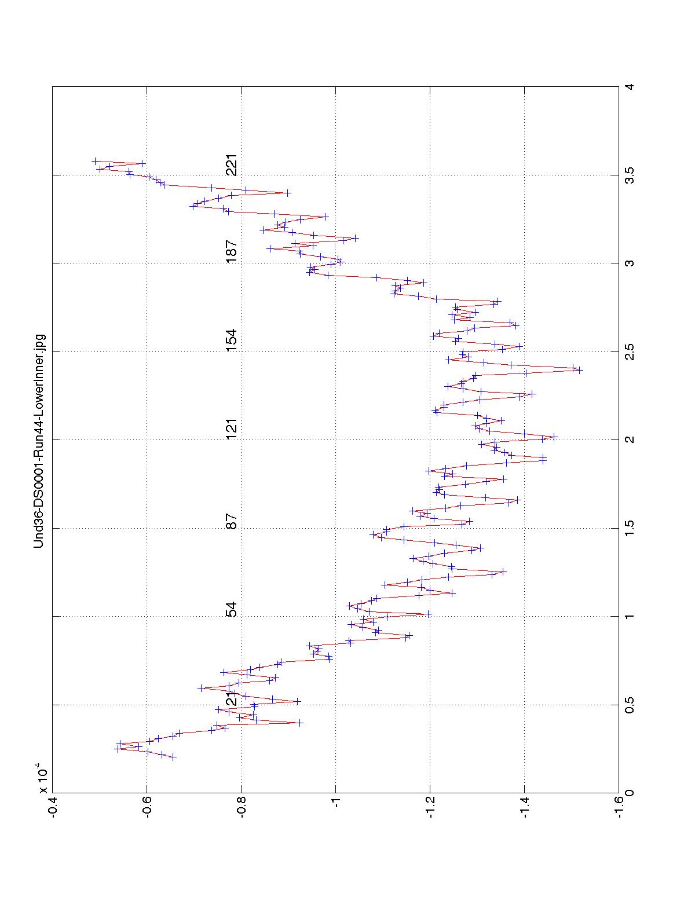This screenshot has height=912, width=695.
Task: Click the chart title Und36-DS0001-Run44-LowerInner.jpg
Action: click(x=39, y=440)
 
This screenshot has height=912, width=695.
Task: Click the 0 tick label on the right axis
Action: click(x=629, y=792)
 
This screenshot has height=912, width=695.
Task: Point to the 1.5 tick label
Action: click(x=629, y=528)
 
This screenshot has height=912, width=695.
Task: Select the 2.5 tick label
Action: click(x=629, y=351)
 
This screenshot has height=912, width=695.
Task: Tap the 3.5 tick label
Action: click(x=629, y=175)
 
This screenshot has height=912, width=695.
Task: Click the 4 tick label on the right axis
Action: click(x=629, y=87)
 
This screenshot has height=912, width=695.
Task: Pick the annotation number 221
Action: click(x=232, y=165)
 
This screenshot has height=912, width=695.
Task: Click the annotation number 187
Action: click(x=232, y=252)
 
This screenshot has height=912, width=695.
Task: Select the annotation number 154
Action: click(x=232, y=341)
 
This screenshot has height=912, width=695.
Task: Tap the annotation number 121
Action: click(x=232, y=429)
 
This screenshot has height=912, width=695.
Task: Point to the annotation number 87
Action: click(x=232, y=522)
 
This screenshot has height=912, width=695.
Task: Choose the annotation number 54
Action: click(x=232, y=610)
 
